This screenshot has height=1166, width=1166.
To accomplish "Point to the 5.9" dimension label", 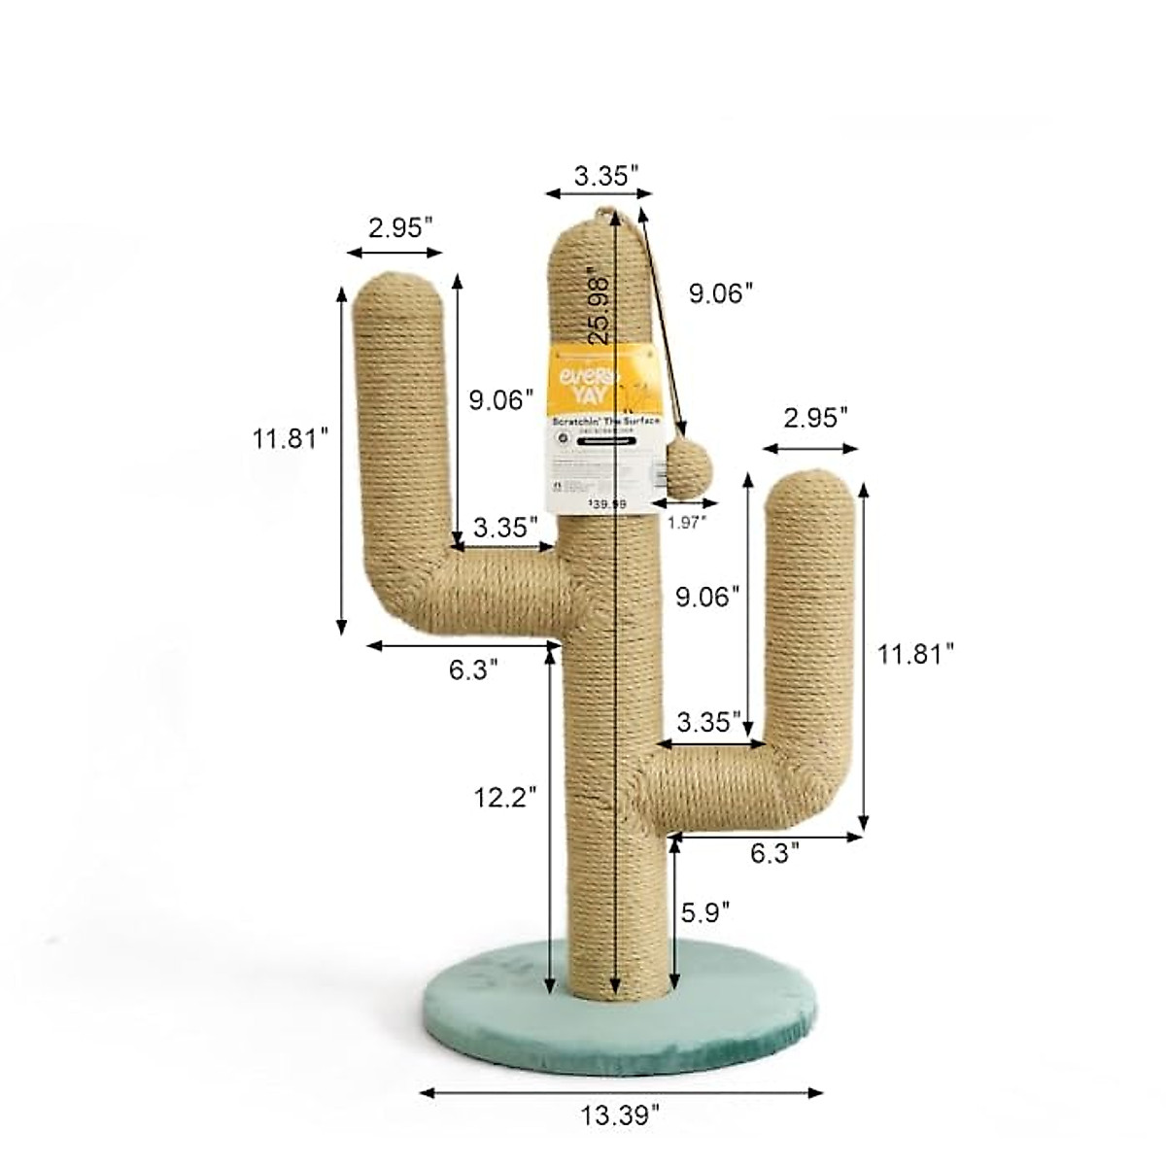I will (x=705, y=912).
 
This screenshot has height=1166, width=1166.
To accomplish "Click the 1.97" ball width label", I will (x=686, y=522).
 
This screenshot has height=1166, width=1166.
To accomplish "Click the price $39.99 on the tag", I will (x=608, y=503).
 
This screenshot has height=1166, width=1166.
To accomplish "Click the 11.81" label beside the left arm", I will (x=286, y=438).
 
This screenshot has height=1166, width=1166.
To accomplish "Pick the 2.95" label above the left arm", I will (x=400, y=227).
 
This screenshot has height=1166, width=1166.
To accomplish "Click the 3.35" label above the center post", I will (x=606, y=176).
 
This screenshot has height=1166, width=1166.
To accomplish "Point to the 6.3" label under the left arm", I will (x=474, y=670).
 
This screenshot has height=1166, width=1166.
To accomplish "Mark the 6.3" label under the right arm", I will (x=775, y=853).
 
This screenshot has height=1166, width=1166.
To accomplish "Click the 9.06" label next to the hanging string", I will (x=722, y=293).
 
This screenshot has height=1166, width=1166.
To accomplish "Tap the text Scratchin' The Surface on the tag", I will (x=605, y=423).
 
